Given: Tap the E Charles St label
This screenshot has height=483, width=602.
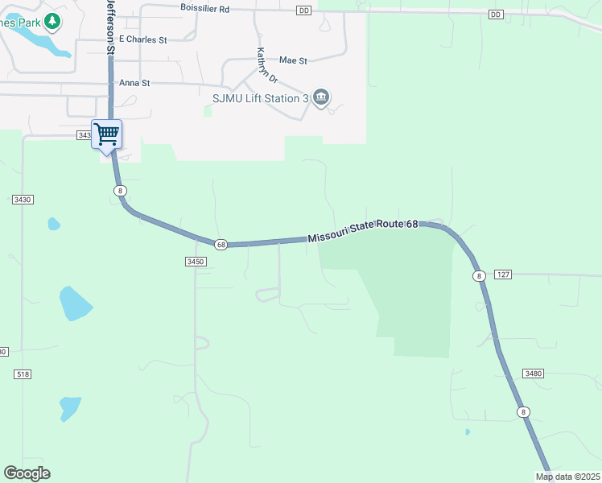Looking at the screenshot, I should point(142,39).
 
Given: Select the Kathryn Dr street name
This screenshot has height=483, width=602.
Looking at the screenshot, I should point(266,66).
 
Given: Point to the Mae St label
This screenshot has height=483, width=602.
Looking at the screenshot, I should point(293,60).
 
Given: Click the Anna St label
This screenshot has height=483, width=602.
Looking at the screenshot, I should point(134,83).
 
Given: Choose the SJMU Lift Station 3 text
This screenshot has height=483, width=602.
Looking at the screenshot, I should point(260,98).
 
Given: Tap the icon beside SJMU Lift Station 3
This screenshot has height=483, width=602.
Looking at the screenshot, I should point(321,98).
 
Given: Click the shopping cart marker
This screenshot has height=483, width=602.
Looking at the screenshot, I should point(106,135).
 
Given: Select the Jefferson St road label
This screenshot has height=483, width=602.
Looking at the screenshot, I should point(111,27).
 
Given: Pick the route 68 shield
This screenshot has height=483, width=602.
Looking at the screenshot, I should point(221,244).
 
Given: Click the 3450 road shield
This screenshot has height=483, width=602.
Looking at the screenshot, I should point(196,262).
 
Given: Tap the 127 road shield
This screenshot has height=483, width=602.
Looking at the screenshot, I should point(503,275).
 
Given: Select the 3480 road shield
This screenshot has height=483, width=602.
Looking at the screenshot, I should point(533,374).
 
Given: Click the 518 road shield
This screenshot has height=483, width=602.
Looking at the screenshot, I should point(23,374).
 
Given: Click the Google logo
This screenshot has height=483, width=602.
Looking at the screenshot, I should point(27,473).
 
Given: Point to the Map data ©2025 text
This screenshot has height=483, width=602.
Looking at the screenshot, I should point(567,477).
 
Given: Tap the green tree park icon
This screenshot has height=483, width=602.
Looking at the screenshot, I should point(52,21).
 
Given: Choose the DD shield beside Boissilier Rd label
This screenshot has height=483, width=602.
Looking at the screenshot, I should point(303,10).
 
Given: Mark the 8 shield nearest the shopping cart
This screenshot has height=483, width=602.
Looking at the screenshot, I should point(120,190).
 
